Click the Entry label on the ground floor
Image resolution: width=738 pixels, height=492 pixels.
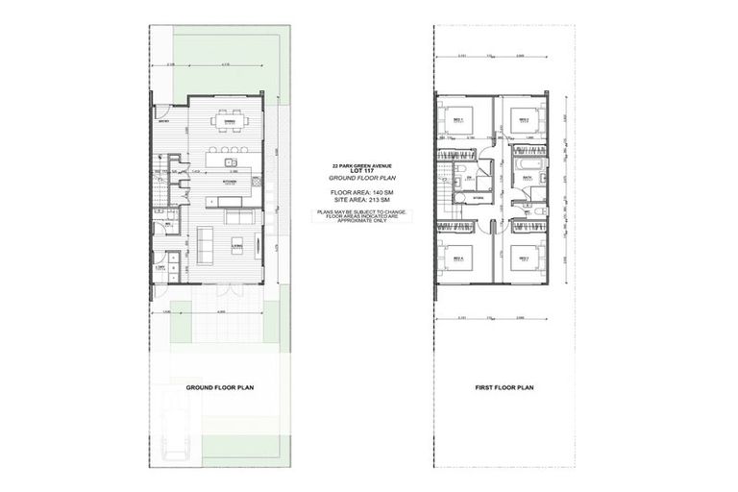point(163,121)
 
